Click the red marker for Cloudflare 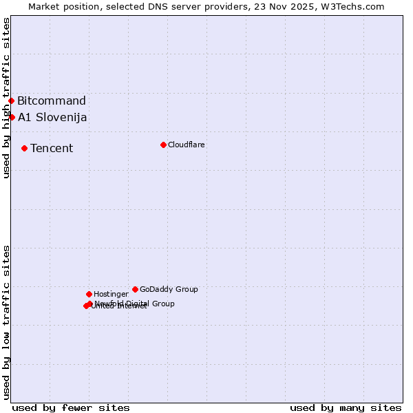[x=163, y=145]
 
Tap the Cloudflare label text [x=186, y=145]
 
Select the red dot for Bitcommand [x=11, y=101]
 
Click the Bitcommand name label [x=52, y=101]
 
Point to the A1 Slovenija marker [x=12, y=117]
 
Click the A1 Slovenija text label [x=52, y=117]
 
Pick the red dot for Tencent [x=24, y=148]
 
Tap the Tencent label [x=52, y=148]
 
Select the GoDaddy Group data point [x=135, y=289]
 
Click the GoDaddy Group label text [x=169, y=289]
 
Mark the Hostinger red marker [x=89, y=294]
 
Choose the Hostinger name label [x=111, y=294]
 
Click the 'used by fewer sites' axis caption [x=71, y=407]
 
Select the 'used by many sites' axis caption [x=346, y=407]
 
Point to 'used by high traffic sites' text [x=6, y=98]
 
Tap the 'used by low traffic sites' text [x=6, y=322]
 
